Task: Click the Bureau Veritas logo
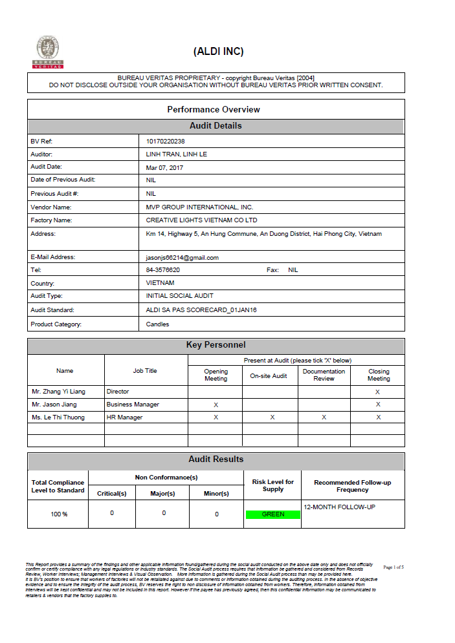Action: pyautogui.click(x=48, y=52)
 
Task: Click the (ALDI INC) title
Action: pyautogui.click(x=218, y=52)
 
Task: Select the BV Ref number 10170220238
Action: pyautogui.click(x=166, y=141)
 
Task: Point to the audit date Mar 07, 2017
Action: pyautogui.click(x=164, y=168)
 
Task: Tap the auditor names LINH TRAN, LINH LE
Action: pyautogui.click(x=176, y=154)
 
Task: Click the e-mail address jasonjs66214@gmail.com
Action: pyautogui.click(x=183, y=257)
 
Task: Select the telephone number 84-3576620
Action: pyautogui.click(x=163, y=270)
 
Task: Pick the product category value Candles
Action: pyautogui.click(x=157, y=324)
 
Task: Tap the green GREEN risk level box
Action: pyautogui.click(x=272, y=514)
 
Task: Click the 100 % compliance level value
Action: pyautogui.click(x=59, y=514)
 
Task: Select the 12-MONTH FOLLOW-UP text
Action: pyautogui.click(x=339, y=507)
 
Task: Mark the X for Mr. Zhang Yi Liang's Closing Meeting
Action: pyautogui.click(x=378, y=392)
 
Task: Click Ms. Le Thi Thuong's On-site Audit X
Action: pyautogui.click(x=272, y=417)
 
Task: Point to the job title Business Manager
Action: pyautogui.click(x=133, y=405)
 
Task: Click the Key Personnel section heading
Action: pyautogui.click(x=216, y=345)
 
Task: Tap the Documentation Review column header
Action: pyautogui.click(x=324, y=375)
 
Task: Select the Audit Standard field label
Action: pyautogui.click(x=56, y=310)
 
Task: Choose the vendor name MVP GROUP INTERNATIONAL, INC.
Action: pyautogui.click(x=199, y=207)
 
